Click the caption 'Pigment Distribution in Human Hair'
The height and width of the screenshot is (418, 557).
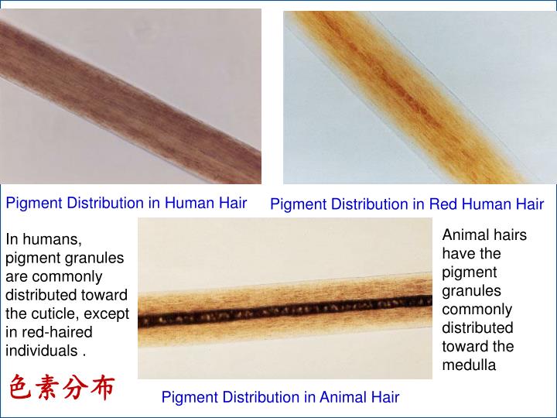coord(126,204)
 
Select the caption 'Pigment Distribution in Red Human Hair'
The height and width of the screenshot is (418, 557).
coord(407,204)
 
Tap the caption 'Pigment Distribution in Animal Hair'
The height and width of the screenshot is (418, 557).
coord(280,397)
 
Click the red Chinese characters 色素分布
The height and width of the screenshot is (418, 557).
coord(62,386)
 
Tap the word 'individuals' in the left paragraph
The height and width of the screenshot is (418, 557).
coord(42,351)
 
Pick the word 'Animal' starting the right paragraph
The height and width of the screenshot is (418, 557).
coord(463,235)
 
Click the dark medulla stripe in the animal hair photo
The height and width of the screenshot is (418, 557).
coord(286,314)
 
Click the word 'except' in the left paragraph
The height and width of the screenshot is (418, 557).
coord(108,313)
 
